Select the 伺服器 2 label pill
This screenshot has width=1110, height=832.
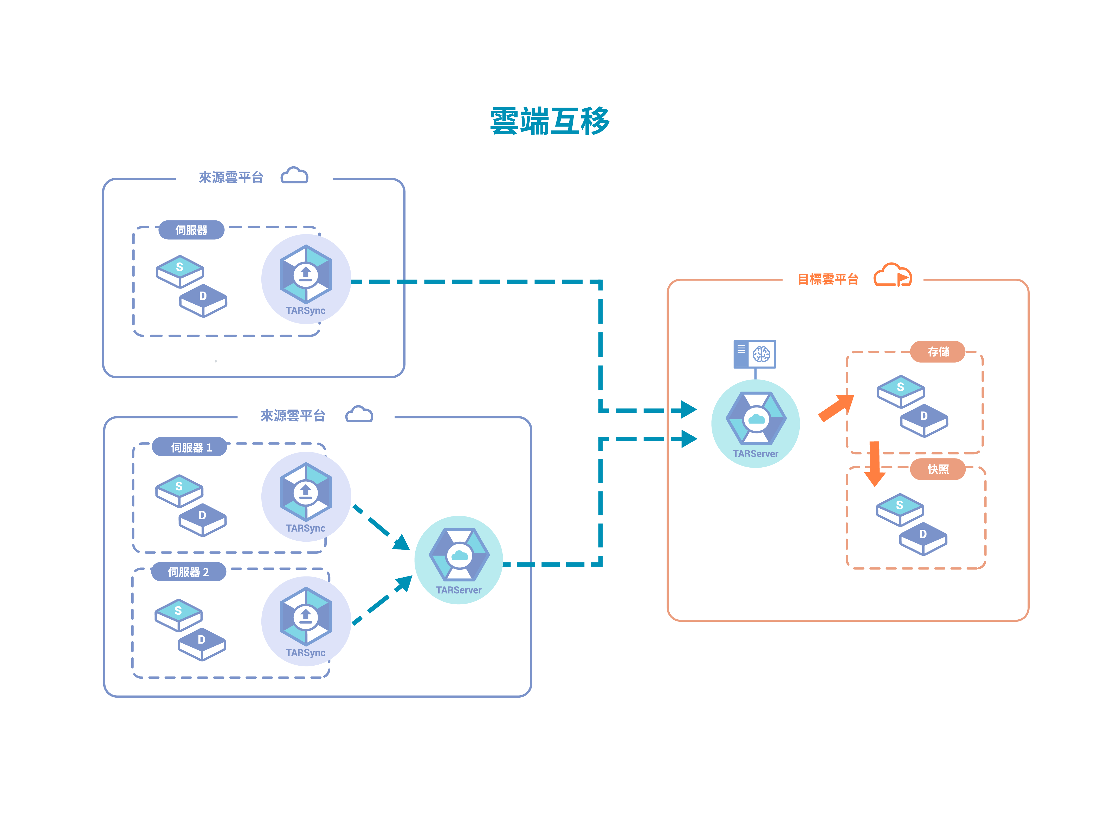189,572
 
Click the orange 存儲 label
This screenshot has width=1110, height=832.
937,352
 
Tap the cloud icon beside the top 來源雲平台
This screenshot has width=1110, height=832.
295,175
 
